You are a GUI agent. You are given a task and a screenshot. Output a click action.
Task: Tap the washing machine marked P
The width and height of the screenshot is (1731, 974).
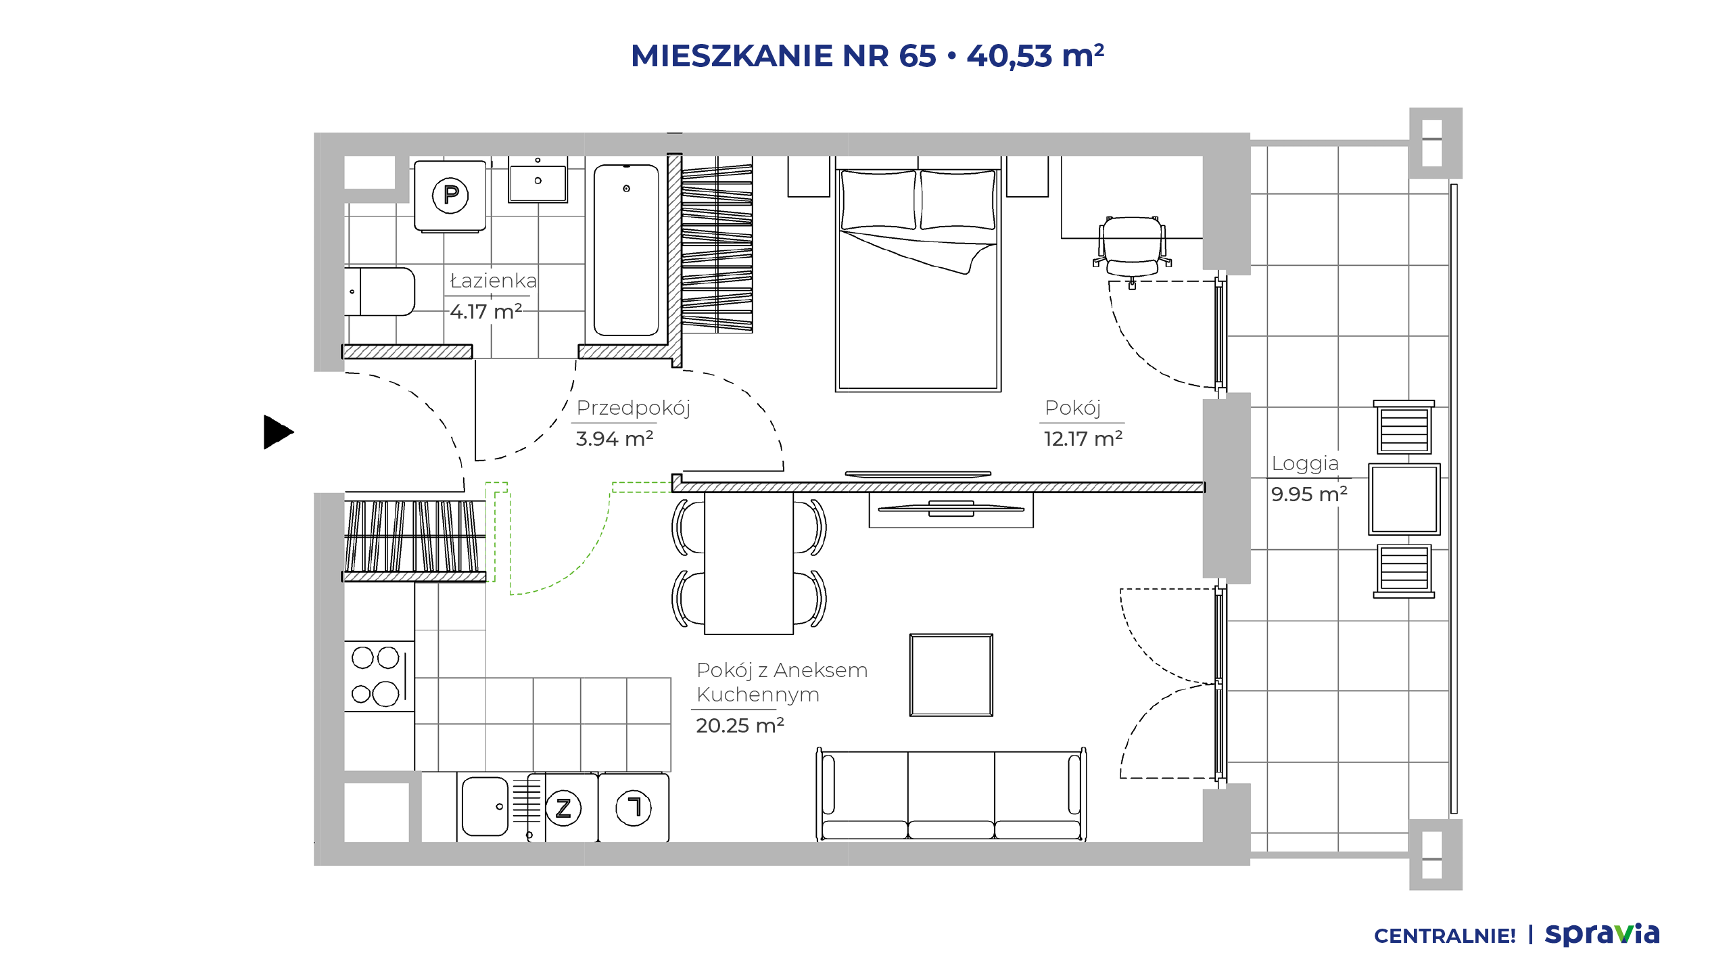[x=450, y=196]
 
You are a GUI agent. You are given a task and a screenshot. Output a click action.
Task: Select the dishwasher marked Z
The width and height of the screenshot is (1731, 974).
[x=563, y=808]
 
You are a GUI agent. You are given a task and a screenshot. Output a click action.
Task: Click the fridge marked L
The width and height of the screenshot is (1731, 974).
[x=634, y=808]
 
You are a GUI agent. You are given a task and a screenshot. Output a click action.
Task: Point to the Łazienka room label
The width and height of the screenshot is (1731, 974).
[x=493, y=281]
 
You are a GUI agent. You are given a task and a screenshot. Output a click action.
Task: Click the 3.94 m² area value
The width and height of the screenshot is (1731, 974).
[x=615, y=439]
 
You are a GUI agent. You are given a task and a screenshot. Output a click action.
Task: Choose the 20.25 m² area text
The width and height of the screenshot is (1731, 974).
[x=740, y=726]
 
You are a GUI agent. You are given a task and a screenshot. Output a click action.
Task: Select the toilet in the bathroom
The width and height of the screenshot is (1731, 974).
[x=379, y=292]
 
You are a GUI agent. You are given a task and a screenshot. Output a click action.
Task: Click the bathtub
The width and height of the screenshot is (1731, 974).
[x=626, y=250]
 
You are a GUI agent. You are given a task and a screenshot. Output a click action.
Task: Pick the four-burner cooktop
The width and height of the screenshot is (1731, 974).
[x=376, y=676]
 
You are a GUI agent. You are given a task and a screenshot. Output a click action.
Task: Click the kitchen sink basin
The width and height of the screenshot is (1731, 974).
[x=485, y=806]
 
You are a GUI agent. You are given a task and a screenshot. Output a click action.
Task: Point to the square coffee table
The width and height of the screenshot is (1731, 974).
[x=951, y=675]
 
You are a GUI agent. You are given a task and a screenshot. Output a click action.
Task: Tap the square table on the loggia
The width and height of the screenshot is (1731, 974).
[x=1404, y=499]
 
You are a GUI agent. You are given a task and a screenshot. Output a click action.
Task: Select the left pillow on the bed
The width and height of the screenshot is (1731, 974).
[x=878, y=200]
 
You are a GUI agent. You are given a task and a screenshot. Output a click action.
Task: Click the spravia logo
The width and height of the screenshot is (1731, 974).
[x=1603, y=935]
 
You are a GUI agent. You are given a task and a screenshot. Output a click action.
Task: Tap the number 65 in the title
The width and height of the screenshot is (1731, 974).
[x=918, y=56]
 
